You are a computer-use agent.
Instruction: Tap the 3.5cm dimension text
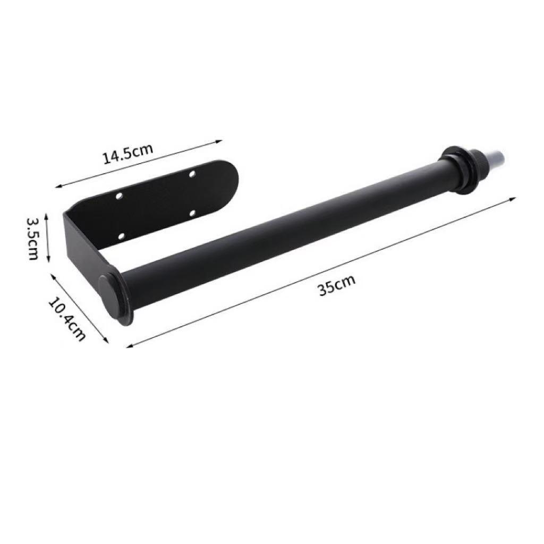[x=33, y=238]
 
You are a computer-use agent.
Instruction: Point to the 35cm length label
[x=337, y=286]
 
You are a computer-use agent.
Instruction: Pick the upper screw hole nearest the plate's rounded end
[x=192, y=174]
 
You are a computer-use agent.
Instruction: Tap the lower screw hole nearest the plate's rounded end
[x=192, y=214]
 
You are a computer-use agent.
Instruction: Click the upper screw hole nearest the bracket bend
[x=120, y=197]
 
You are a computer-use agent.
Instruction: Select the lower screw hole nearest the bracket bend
[x=121, y=235]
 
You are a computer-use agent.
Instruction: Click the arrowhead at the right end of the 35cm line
[x=514, y=198]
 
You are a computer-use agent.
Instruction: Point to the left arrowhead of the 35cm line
[x=129, y=346]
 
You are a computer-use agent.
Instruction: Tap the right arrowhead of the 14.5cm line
[x=219, y=141]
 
